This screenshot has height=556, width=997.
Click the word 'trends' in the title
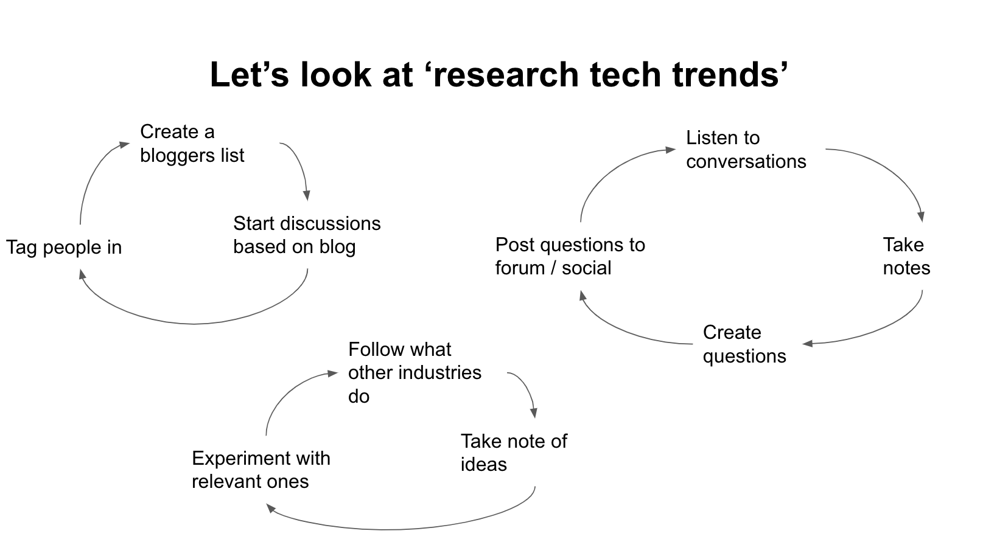730,74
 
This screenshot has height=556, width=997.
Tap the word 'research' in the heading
505,74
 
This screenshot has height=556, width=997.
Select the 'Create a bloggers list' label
192,143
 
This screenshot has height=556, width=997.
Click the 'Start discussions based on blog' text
307,235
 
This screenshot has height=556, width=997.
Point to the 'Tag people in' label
64,248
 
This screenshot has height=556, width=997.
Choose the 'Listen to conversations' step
746,150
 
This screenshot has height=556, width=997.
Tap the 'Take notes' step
906,256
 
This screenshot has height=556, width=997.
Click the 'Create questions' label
744,344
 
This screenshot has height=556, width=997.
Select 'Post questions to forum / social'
570,256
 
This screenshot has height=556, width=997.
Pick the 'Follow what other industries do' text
415,373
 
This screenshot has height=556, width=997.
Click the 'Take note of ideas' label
514,453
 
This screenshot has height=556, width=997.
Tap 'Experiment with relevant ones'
261,470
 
